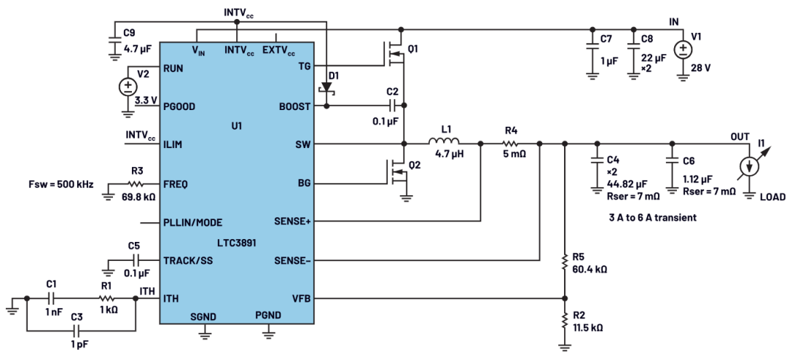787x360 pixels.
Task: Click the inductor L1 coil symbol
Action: (x=445, y=141)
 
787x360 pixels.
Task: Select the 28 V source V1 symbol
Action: (x=683, y=49)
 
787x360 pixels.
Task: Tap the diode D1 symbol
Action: (x=327, y=87)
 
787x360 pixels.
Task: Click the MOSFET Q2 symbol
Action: (x=396, y=173)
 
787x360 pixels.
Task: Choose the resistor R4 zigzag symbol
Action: (x=510, y=144)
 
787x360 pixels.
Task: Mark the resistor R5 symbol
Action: (x=565, y=262)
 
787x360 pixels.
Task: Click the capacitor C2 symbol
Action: (x=393, y=106)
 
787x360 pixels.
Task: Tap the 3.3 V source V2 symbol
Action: (x=128, y=87)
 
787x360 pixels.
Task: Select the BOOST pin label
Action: (x=294, y=106)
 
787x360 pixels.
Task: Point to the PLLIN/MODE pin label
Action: (x=192, y=222)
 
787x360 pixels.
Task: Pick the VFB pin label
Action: (x=301, y=299)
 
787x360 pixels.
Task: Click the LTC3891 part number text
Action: (x=238, y=243)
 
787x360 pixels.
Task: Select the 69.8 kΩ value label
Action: (x=138, y=197)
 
